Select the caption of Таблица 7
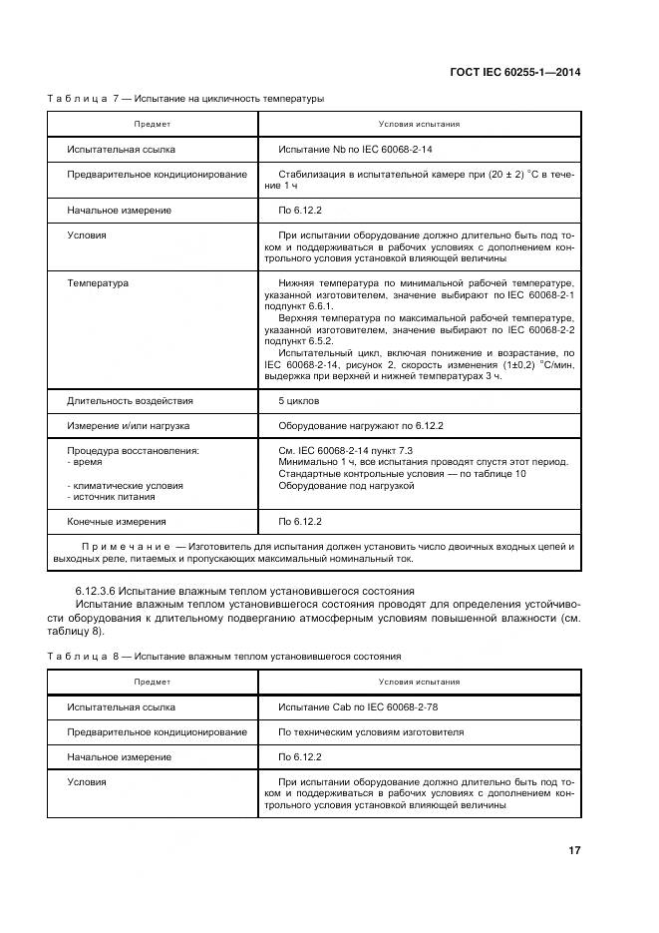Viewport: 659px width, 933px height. pyautogui.click(x=185, y=99)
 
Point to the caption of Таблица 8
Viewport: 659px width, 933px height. pyautogui.click(x=223, y=656)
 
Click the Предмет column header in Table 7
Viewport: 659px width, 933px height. pyautogui.click(x=153, y=124)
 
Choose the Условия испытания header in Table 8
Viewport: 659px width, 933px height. pyautogui.click(x=419, y=682)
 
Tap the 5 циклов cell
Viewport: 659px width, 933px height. pyautogui.click(x=299, y=400)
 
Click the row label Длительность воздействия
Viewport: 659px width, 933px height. pyautogui.click(x=130, y=400)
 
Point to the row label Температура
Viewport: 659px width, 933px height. pyautogui.click(x=98, y=283)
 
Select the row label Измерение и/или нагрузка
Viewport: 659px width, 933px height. pyautogui.click(x=128, y=425)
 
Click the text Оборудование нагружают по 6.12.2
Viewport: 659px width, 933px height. pyautogui.click(x=361, y=425)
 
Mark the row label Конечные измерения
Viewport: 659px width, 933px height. pyautogui.click(x=116, y=521)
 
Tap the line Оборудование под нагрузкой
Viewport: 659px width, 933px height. pyautogui.click(x=346, y=485)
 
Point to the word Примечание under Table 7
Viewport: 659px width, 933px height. pyautogui.click(x=127, y=547)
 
